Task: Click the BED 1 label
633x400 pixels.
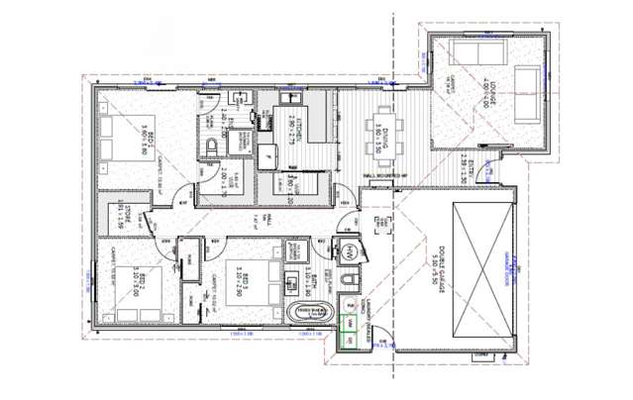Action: click(143, 138)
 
